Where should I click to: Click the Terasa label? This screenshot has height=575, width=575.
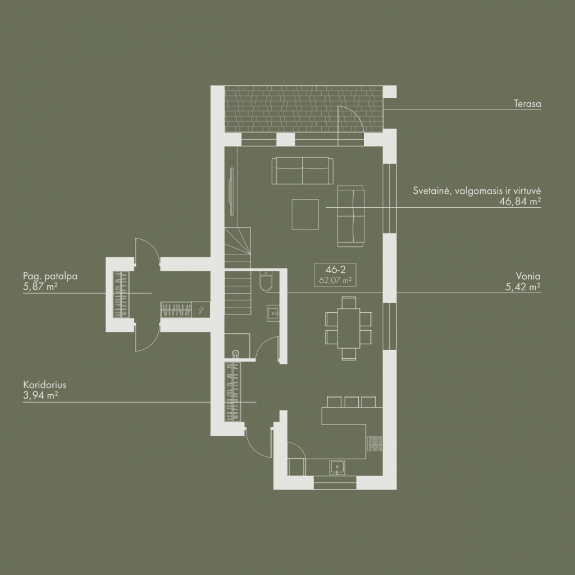coord(527,104)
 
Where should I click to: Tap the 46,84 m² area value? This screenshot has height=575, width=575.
coord(520,202)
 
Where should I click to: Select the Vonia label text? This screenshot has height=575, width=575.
coord(528,276)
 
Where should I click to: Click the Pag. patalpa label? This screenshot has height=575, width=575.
coord(50,276)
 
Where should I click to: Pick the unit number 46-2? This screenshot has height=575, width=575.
coord(336,270)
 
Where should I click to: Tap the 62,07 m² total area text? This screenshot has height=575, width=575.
coord(336,281)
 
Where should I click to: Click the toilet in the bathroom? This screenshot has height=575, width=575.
coord(266,281)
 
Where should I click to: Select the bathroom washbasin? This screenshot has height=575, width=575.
coord(272,313)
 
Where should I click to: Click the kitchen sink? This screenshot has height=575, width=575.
coord(337,467)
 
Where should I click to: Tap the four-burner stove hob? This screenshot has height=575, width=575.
coord(375,444)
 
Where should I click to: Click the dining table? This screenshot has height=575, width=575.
coord(348,328)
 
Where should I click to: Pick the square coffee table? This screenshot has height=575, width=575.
coord(305,215)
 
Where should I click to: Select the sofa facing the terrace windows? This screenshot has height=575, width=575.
coord(303,171)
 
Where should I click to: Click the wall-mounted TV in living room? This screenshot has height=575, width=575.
coord(231,191)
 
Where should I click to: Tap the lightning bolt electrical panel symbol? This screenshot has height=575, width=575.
coord(201,310)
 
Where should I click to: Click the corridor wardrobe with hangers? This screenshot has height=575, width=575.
coord(232,391)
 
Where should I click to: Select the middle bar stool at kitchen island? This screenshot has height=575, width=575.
coord(352,401)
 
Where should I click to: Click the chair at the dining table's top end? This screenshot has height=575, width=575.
coord(349,303)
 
